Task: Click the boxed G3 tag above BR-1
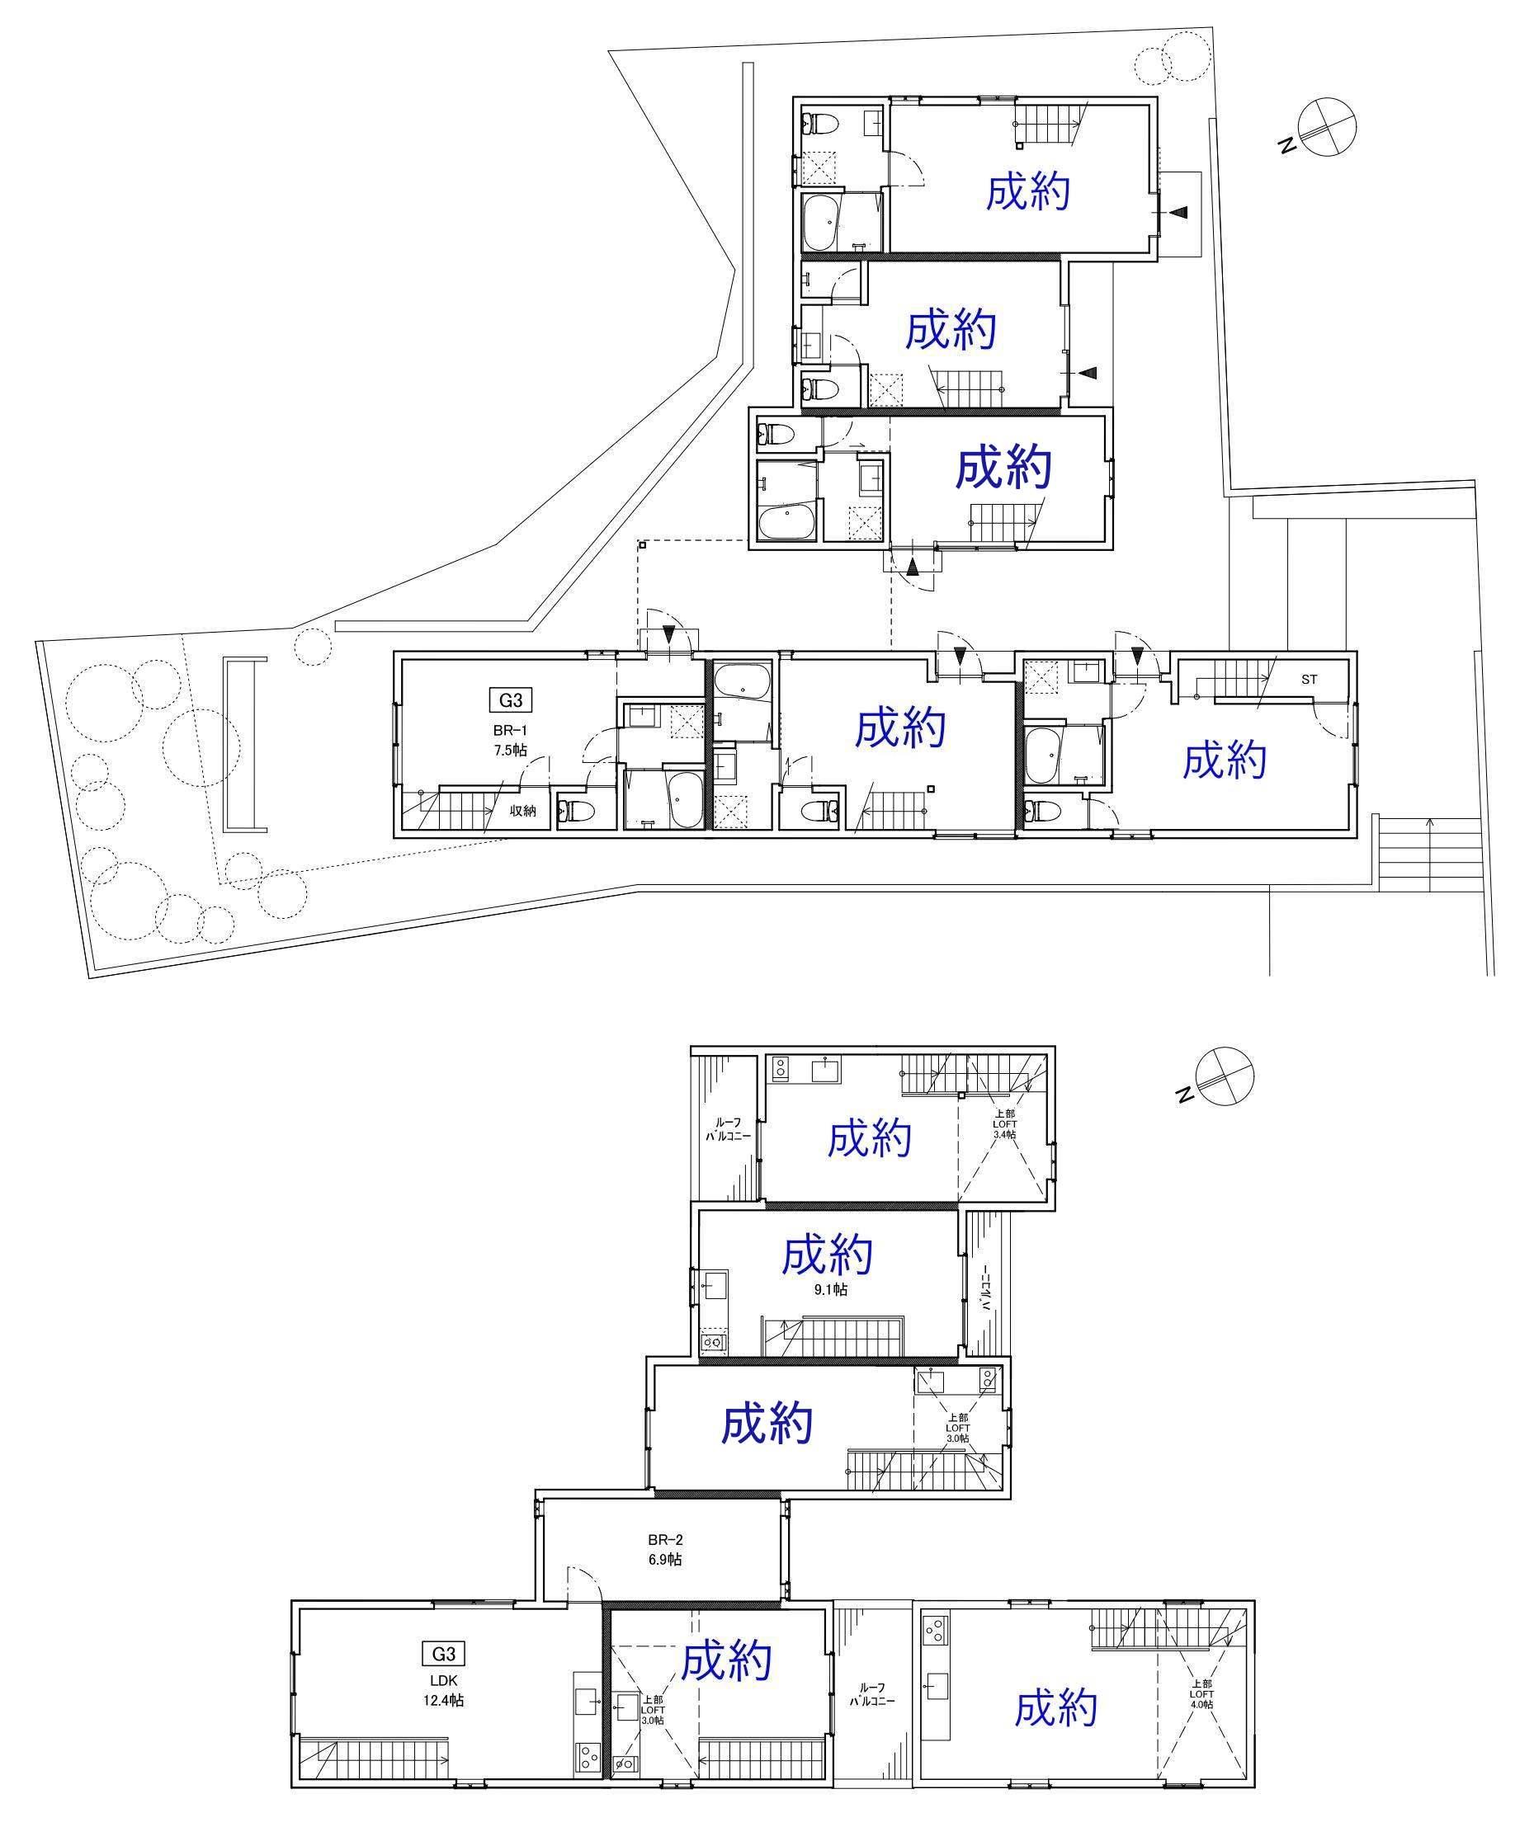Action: tap(511, 700)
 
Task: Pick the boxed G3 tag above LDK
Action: tap(444, 1655)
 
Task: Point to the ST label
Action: tap(1309, 680)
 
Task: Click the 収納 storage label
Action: tap(524, 811)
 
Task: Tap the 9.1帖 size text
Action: tap(828, 1289)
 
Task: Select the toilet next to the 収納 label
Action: tap(576, 812)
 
